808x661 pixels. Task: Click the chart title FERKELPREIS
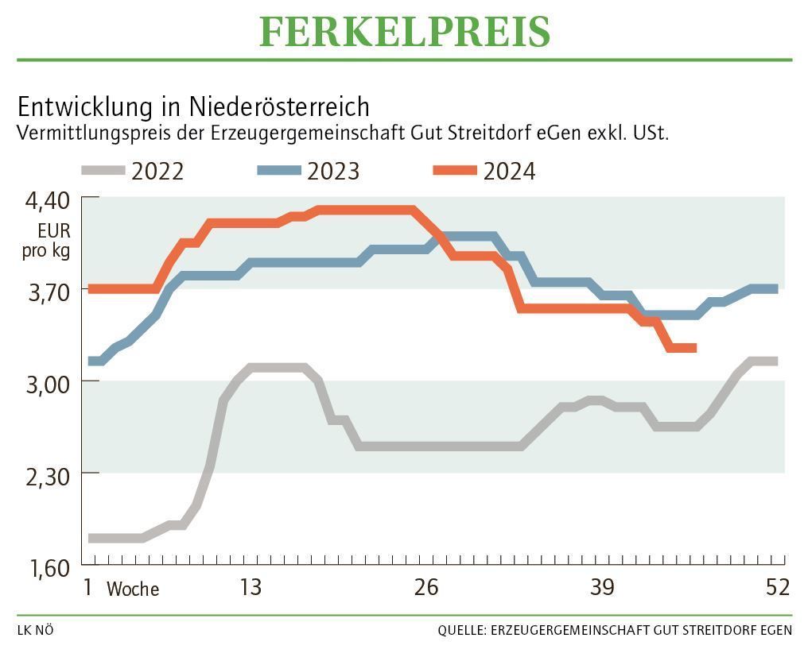[404, 33]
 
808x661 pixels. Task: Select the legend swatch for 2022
[103, 171]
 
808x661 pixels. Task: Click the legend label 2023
[333, 171]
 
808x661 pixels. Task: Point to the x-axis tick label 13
[251, 588]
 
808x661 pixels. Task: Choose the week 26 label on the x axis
[426, 588]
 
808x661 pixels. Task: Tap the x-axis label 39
[602, 588]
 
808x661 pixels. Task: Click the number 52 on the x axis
[778, 588]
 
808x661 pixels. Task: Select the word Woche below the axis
[133, 589]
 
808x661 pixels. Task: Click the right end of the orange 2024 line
[694, 348]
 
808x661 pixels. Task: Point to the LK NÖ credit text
[35, 631]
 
